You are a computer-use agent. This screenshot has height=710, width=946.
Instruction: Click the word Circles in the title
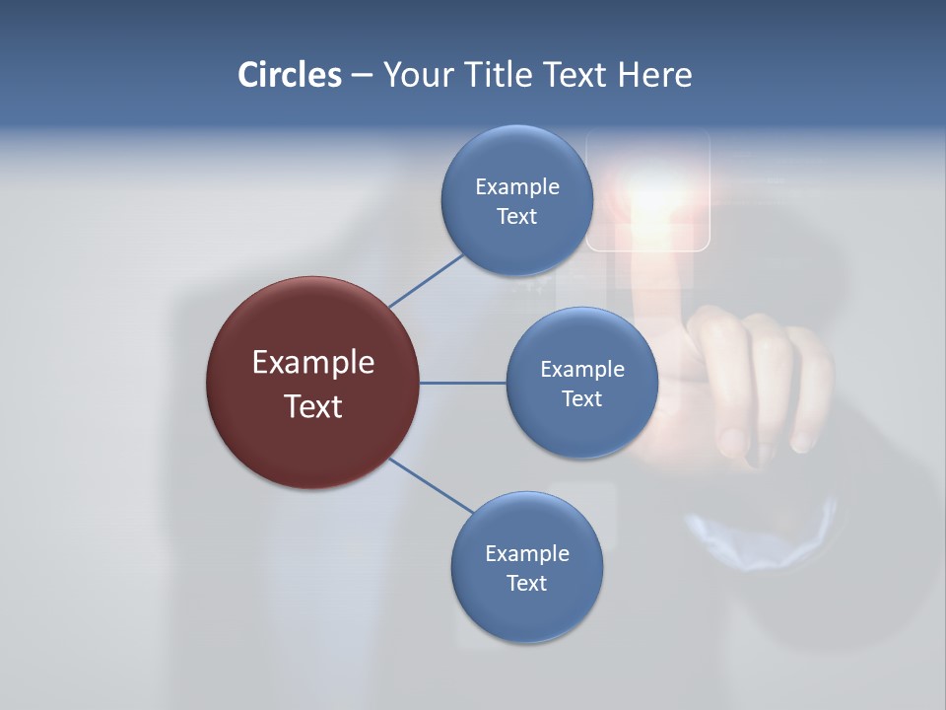289,75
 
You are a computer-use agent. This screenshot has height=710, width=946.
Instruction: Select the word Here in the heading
654,75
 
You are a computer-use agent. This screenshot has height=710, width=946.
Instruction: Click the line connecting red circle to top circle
426,281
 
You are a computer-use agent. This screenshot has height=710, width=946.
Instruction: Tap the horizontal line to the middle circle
463,383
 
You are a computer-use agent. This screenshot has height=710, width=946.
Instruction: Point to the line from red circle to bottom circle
432,485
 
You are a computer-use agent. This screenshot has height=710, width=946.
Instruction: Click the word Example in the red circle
312,363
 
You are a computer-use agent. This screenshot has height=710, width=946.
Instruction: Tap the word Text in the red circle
312,406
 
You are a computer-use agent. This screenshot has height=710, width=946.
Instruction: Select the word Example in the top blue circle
516,187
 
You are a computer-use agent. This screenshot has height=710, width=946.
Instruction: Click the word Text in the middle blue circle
581,399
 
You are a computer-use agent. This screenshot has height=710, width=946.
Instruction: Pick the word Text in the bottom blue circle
526,583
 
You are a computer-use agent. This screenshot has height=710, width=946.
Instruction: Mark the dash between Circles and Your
361,76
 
